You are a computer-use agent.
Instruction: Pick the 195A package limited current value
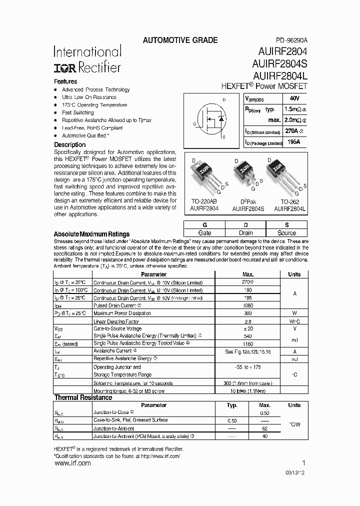(294, 142)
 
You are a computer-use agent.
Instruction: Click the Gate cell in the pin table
(204, 233)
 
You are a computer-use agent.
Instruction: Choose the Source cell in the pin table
(286, 233)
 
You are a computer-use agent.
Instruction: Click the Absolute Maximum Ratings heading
(91, 234)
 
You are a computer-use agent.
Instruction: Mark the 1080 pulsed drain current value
(248, 305)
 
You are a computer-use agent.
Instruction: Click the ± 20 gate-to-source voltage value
(248, 328)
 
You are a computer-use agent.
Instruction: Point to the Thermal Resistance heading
(83, 398)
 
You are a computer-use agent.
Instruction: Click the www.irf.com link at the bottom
(72, 463)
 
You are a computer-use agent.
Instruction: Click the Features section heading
(65, 81)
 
